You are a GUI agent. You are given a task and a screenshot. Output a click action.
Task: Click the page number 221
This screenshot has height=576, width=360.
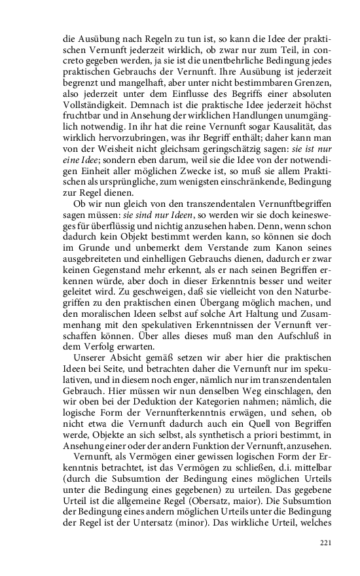[x=325, y=543]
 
